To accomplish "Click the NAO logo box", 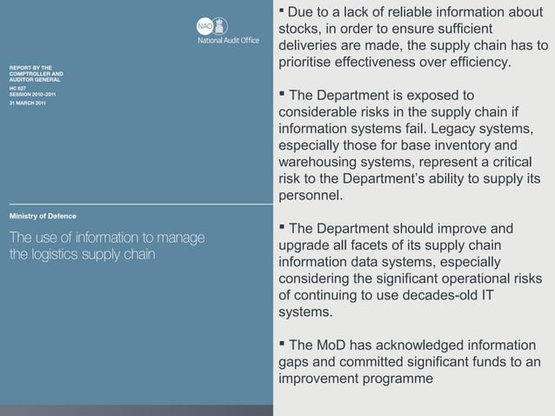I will point(205,26).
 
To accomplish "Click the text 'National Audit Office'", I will point(228,40).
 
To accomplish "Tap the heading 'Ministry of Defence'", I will point(43,216).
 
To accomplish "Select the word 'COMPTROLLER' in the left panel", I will point(35,73).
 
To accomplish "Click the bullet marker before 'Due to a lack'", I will point(282,12).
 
